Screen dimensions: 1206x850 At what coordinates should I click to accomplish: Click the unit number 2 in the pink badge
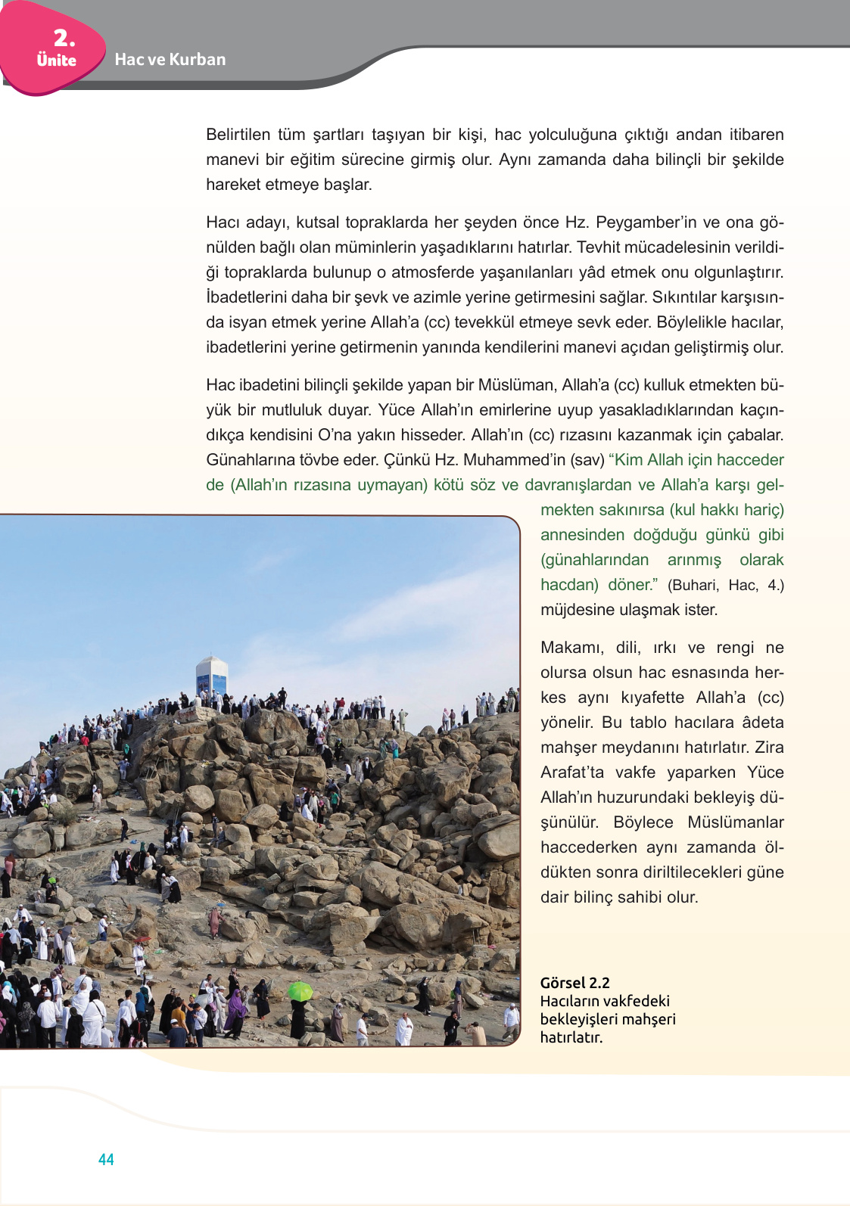(64, 38)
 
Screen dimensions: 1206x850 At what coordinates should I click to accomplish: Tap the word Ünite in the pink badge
(57, 61)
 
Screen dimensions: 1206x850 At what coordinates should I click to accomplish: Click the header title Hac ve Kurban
(170, 60)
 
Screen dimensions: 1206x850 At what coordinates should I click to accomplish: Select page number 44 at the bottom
(106, 1160)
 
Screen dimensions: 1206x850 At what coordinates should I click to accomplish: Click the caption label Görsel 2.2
(574, 983)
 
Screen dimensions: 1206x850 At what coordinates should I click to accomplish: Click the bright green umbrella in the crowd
(300, 990)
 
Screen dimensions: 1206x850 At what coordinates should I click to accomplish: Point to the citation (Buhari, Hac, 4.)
(725, 585)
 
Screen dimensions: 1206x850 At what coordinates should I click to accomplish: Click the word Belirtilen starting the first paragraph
(238, 135)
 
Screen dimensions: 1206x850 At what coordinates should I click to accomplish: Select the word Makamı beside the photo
(571, 648)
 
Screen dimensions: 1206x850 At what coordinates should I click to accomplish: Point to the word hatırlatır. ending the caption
(571, 1037)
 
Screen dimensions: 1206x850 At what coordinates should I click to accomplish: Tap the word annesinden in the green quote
(581, 535)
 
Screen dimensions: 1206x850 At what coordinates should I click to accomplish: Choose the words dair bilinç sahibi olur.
(619, 897)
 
